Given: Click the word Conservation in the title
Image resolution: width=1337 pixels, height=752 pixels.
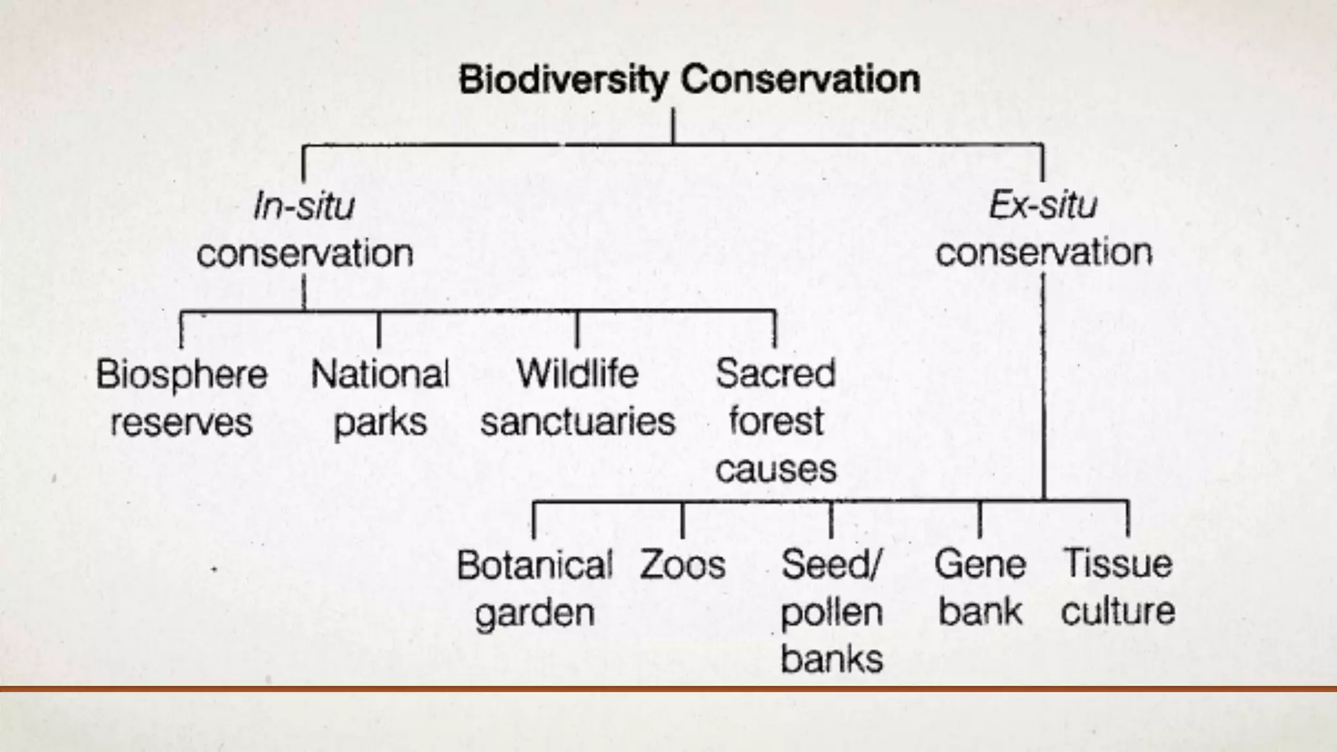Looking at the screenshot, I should pos(800,80).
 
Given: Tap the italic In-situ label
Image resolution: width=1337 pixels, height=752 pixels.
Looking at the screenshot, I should pos(304,206).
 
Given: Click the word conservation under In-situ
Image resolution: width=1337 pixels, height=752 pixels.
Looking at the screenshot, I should pos(305,253).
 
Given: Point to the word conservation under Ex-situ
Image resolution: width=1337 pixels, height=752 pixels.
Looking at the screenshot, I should pos(1044,253).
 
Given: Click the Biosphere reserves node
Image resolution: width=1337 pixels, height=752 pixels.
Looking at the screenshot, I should pos(181,398).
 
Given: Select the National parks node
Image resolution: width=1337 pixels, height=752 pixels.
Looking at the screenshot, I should pos(380,398).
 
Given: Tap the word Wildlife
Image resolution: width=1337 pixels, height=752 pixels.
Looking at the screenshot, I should pos(577,374).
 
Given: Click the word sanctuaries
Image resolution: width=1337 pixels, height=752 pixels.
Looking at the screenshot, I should pos(578,422).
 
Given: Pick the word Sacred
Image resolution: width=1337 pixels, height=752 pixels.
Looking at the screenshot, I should pos(776,374).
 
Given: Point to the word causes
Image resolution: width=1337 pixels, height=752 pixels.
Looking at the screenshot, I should pos(776,469).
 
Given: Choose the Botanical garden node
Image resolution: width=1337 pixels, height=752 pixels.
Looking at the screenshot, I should pos(535,588).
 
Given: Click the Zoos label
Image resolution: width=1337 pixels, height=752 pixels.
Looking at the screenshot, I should pos(682,565).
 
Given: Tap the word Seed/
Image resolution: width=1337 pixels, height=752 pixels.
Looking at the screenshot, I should pos(831,565).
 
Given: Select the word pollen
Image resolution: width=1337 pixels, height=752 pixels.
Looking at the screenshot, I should pos(831,612).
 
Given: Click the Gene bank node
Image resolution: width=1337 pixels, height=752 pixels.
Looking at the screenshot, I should pos(980,587).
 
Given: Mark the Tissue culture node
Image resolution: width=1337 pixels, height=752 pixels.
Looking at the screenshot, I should pos(1118,587).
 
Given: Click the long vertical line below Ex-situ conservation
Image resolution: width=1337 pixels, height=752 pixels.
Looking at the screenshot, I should pos(1043,392).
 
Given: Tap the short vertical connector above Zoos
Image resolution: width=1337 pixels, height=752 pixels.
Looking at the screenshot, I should pos(682,520).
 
